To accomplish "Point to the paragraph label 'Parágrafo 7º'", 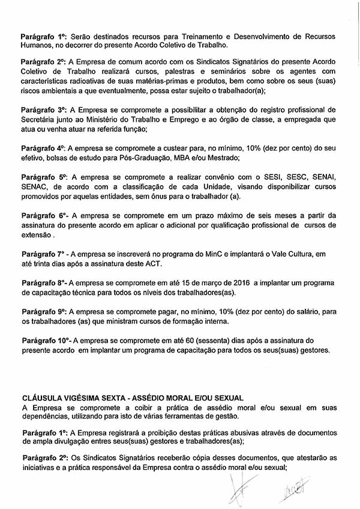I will tap(43, 254).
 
